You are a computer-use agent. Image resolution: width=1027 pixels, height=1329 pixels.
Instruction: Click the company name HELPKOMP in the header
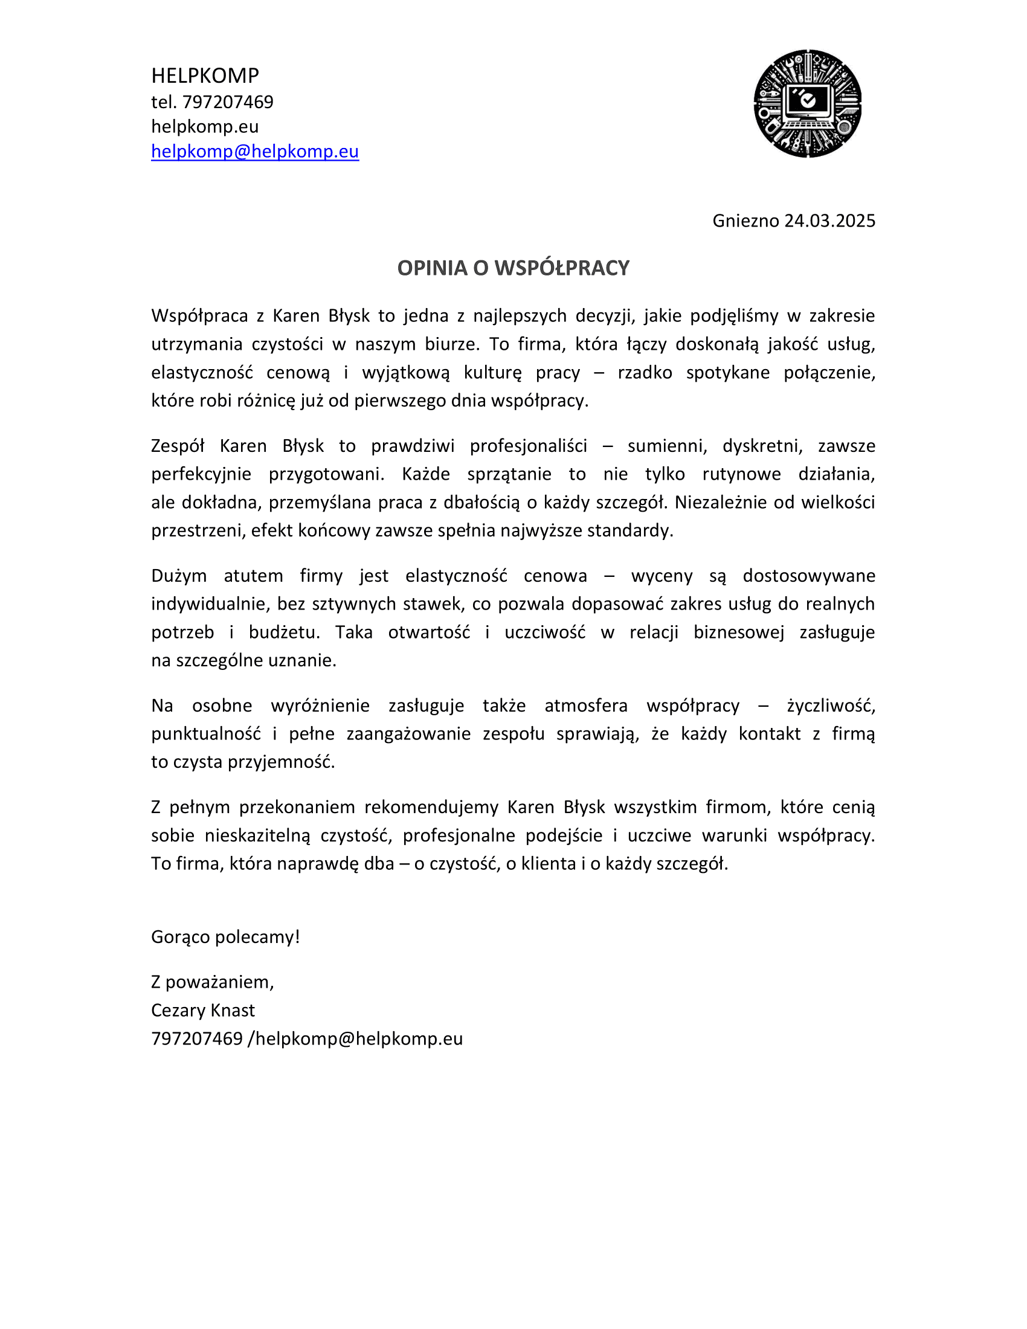pyautogui.click(x=205, y=76)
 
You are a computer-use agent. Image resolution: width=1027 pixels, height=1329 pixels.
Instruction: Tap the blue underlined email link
pyautogui.click(x=255, y=151)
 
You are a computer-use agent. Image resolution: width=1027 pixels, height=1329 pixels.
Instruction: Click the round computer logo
pyautogui.click(x=807, y=103)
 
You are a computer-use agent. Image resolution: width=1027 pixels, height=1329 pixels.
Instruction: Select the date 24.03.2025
pyautogui.click(x=829, y=220)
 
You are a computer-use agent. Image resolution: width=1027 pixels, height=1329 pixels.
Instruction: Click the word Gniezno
pyautogui.click(x=745, y=220)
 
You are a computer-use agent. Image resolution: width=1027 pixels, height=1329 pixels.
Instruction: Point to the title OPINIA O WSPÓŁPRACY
pyautogui.click(x=513, y=268)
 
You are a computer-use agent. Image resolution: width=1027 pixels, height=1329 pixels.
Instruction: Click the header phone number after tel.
pyautogui.click(x=228, y=101)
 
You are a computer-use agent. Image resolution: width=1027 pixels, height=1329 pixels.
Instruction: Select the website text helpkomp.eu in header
pyautogui.click(x=205, y=127)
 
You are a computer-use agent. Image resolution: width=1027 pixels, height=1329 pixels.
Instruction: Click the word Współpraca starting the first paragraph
pyautogui.click(x=199, y=316)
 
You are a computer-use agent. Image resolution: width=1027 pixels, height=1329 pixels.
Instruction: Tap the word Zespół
pyautogui.click(x=178, y=446)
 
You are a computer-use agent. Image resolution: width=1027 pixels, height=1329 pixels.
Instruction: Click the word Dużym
pyautogui.click(x=179, y=576)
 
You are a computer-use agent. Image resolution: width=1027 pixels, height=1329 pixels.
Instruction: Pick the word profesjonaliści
pyautogui.click(x=528, y=446)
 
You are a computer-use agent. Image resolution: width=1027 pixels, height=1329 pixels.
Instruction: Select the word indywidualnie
pyautogui.click(x=209, y=604)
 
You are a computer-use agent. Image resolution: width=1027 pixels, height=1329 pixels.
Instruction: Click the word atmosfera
pyautogui.click(x=586, y=706)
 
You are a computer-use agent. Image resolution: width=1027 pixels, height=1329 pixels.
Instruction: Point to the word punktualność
pyautogui.click(x=205, y=734)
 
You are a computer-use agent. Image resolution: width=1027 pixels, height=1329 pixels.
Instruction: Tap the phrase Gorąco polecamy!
pyautogui.click(x=226, y=937)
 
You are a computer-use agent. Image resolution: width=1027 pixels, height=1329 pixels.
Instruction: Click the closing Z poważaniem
pyautogui.click(x=212, y=982)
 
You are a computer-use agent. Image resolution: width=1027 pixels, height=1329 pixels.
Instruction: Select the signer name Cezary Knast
pyautogui.click(x=203, y=1010)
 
